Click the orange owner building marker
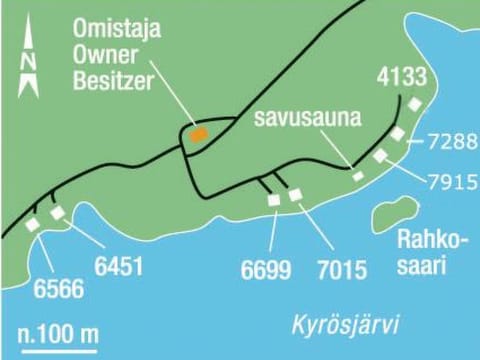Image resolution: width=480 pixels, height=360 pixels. point(200,134)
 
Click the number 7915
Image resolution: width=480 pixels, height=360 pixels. point(448,183)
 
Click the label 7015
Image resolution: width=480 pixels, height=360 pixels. point(339,270)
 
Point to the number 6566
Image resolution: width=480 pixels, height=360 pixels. point(59,291)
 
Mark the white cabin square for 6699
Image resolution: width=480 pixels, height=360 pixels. point(274,200)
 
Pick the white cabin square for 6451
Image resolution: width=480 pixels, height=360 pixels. point(57,213)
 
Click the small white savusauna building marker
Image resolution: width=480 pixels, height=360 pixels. point(358,176)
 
